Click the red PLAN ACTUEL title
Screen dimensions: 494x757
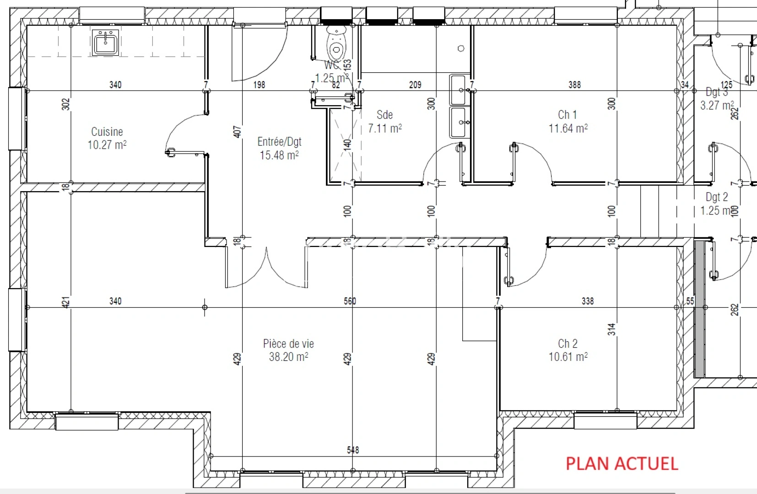pyautogui.click(x=622, y=463)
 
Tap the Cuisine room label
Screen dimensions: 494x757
pyautogui.click(x=107, y=132)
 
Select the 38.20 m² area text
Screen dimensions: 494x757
pyautogui.click(x=288, y=357)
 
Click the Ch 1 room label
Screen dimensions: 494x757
pyautogui.click(x=567, y=115)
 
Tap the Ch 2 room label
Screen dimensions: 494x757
pyautogui.click(x=568, y=344)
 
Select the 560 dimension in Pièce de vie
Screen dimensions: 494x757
pyautogui.click(x=350, y=301)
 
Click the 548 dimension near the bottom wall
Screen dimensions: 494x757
pyautogui.click(x=353, y=450)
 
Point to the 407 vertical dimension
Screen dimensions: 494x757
pyautogui.click(x=237, y=132)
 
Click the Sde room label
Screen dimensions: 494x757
pyautogui.click(x=384, y=115)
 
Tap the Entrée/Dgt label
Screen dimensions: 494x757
pyautogui.click(x=279, y=142)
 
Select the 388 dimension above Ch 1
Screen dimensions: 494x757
pyautogui.click(x=574, y=85)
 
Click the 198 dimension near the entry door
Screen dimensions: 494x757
pyautogui.click(x=259, y=85)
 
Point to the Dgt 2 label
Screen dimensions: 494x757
pyautogui.click(x=716, y=197)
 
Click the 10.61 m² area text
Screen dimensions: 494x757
pyautogui.click(x=568, y=357)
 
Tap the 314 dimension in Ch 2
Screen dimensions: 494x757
pyautogui.click(x=612, y=329)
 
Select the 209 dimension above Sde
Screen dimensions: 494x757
pyautogui.click(x=415, y=85)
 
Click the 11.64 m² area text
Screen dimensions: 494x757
pyautogui.click(x=568, y=129)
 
